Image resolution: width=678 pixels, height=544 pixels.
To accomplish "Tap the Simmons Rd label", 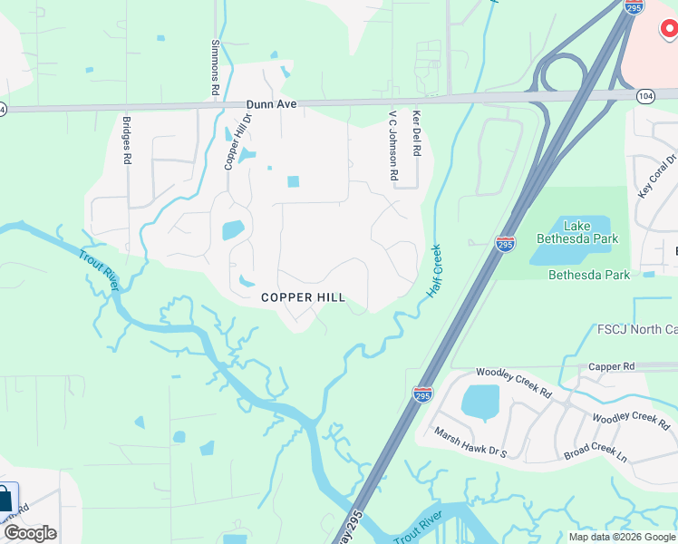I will coord(216,68).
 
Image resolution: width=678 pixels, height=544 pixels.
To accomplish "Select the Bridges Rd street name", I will coord(127,140).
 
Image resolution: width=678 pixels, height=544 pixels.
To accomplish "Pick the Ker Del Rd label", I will coord(417,134).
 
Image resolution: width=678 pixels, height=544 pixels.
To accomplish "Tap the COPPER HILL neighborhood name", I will coord(303,297).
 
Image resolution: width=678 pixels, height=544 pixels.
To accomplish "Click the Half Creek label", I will coord(434,273).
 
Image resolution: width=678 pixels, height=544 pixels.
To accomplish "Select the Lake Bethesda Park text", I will coord(590,232).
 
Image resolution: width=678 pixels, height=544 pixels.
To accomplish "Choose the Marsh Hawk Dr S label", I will coord(470,442).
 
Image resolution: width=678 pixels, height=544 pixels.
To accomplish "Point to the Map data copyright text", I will coord(622,537).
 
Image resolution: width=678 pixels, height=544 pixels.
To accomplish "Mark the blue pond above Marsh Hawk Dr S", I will coord(480,402).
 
